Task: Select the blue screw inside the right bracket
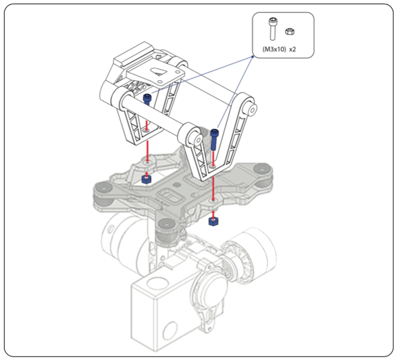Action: click(214, 139)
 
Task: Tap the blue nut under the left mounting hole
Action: click(147, 179)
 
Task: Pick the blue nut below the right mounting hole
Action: click(213, 221)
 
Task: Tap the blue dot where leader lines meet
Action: click(253, 56)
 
